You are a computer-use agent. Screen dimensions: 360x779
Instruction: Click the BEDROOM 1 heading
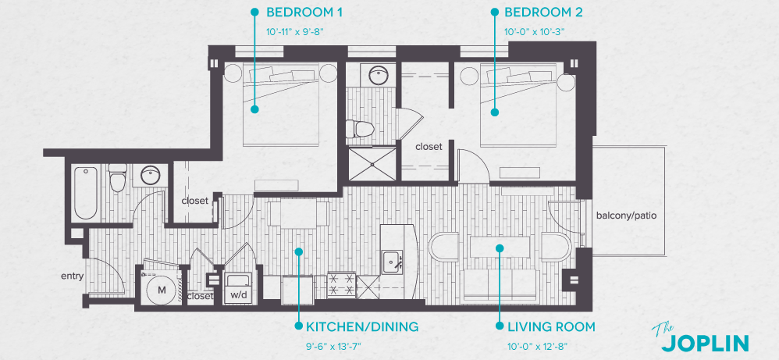click(304, 12)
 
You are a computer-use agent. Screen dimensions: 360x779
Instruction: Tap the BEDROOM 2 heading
click(543, 12)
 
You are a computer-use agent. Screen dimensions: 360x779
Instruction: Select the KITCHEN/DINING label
click(362, 326)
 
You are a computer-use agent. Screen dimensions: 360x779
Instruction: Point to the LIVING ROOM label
click(550, 326)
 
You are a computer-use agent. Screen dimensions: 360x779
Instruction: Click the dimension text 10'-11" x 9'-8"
click(295, 31)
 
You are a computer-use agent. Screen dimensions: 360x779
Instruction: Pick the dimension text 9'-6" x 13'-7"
click(334, 345)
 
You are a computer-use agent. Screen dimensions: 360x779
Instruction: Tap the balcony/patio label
click(625, 216)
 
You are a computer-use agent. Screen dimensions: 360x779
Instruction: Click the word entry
click(73, 276)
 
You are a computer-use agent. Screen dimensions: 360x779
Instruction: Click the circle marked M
click(162, 290)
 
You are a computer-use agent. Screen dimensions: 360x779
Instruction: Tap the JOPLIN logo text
click(705, 342)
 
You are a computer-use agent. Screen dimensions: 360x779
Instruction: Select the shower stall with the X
click(372, 165)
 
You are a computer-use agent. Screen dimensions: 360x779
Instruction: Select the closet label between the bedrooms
click(429, 147)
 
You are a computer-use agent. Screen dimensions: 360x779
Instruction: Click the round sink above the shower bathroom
click(379, 77)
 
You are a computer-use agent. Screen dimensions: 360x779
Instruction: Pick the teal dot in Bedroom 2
click(495, 112)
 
